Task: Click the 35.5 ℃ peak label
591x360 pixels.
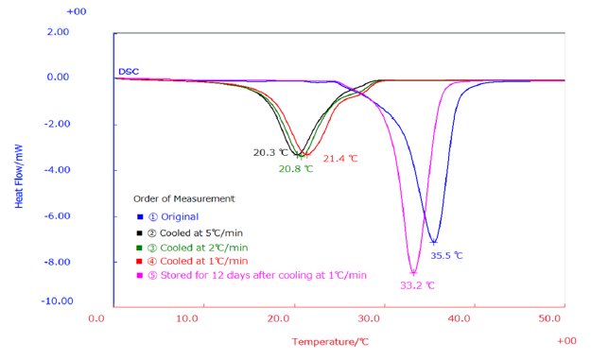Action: [447, 255]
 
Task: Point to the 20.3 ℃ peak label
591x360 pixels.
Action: [269, 151]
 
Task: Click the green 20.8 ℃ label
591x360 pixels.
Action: [295, 169]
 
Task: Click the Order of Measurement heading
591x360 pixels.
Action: [183, 199]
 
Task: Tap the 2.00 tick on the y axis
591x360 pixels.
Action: [83, 32]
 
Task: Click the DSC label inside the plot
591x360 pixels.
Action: [128, 72]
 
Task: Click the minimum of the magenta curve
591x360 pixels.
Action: [413, 273]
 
